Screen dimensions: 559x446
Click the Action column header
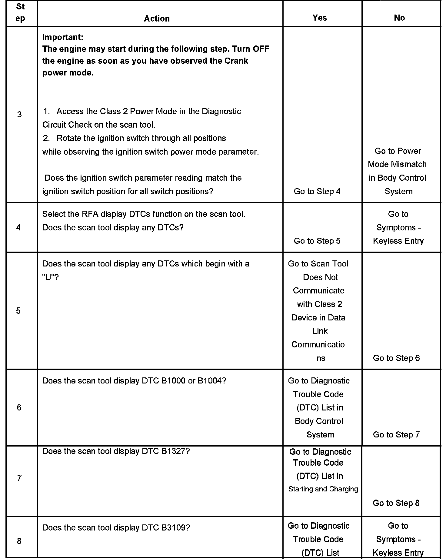coord(157,18)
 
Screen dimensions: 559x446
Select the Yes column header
coord(320,18)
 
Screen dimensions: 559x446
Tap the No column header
coord(399,18)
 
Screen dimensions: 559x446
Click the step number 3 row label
coord(19,115)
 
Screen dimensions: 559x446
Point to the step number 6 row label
coord(19,407)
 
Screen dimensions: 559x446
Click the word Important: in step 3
coord(63,37)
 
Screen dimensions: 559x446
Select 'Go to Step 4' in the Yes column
coord(317,191)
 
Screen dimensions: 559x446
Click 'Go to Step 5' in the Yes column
coord(317,241)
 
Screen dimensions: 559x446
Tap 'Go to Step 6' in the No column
coord(396,358)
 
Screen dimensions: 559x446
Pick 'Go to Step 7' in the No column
coord(396,434)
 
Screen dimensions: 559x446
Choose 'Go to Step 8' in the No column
coord(396,503)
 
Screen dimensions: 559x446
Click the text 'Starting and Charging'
coord(323,489)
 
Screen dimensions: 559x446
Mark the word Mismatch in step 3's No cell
coord(408,164)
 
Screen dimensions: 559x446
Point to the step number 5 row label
coord(18,311)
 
